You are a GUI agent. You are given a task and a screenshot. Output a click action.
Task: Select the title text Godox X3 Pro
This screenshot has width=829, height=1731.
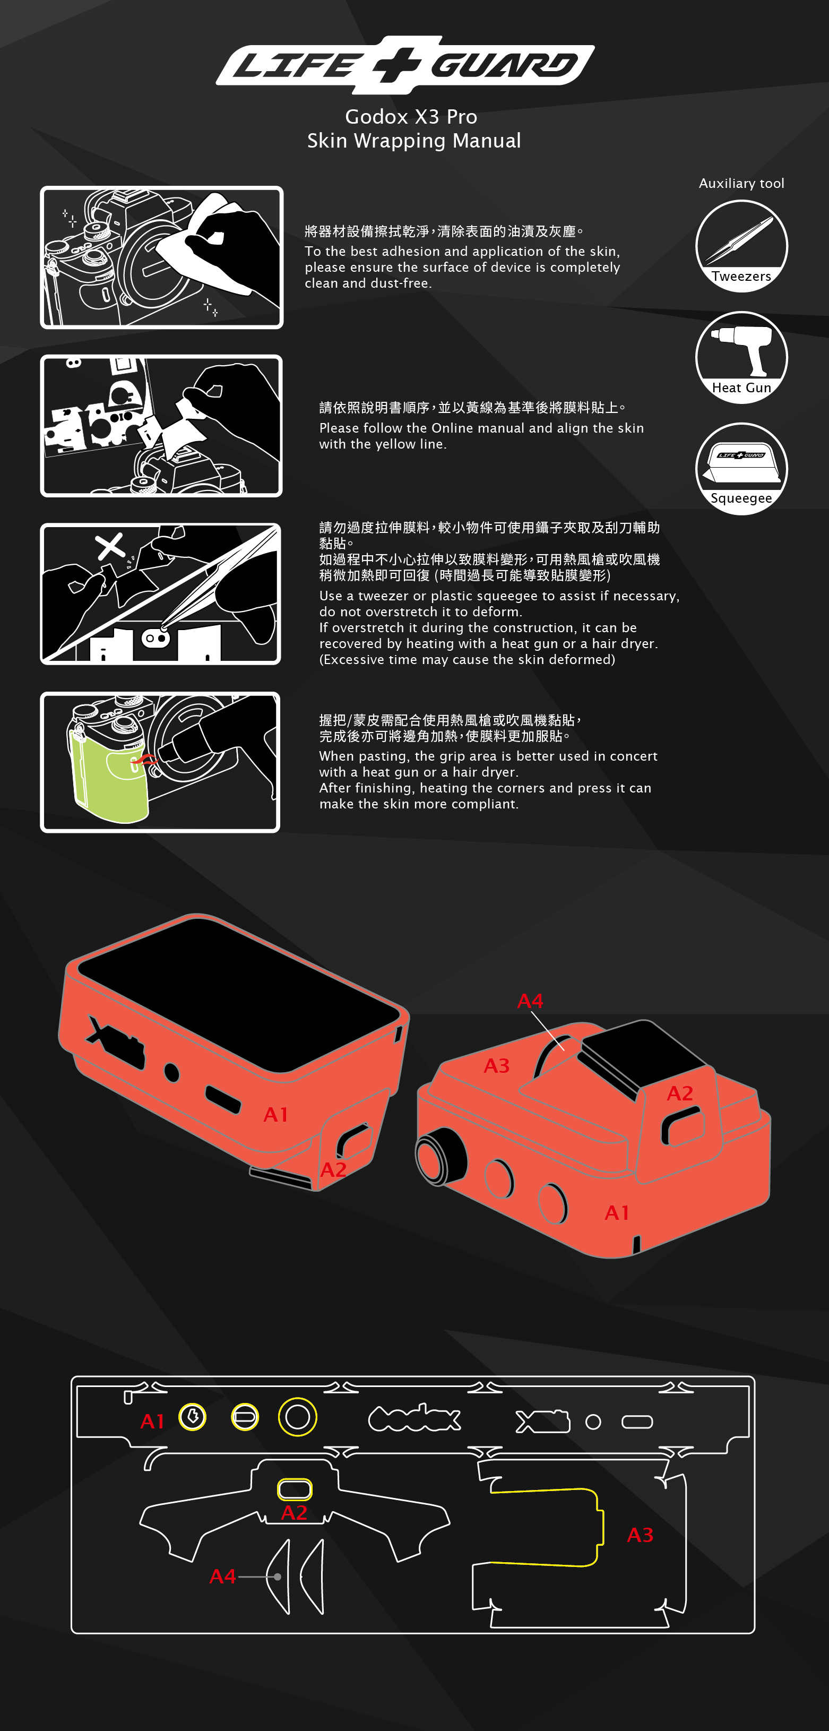pyautogui.click(x=411, y=117)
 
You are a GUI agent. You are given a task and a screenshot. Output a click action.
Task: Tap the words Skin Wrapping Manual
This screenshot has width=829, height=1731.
pyautogui.click(x=414, y=141)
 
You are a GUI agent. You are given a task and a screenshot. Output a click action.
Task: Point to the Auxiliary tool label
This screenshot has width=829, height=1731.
pyautogui.click(x=741, y=184)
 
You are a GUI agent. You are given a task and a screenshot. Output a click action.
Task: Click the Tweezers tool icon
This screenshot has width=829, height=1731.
pyautogui.click(x=741, y=246)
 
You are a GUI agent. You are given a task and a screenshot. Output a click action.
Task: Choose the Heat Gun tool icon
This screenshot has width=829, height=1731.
pyautogui.click(x=741, y=357)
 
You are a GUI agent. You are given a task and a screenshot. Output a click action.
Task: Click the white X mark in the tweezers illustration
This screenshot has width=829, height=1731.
pyautogui.click(x=110, y=546)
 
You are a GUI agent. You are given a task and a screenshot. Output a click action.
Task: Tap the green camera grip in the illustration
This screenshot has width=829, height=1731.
pyautogui.click(x=108, y=773)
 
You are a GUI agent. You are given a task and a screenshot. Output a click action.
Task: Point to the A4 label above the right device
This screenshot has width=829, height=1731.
pyautogui.click(x=530, y=1001)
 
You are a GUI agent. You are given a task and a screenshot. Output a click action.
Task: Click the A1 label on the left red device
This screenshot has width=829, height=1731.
pyautogui.click(x=275, y=1115)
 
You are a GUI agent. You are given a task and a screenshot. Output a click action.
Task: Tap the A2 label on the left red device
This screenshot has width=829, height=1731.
pyautogui.click(x=333, y=1170)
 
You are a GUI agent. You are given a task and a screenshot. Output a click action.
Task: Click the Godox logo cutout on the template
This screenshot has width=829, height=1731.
pyautogui.click(x=414, y=1418)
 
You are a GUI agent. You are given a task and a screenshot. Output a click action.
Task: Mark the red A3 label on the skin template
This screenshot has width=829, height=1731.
pyautogui.click(x=640, y=1535)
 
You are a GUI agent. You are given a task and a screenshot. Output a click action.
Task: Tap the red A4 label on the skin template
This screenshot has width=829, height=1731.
pyautogui.click(x=222, y=1577)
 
